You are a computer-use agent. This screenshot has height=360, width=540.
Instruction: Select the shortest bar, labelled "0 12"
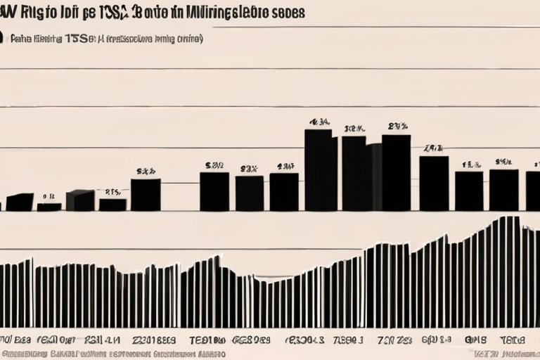pos(49,207)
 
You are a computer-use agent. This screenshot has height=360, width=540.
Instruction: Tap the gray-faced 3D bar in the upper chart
pos(79,200)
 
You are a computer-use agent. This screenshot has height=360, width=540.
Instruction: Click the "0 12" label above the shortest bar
pos(48,197)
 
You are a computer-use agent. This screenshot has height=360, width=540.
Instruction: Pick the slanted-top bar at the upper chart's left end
pos(19,202)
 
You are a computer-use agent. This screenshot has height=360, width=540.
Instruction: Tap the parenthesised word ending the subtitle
pos(189,39)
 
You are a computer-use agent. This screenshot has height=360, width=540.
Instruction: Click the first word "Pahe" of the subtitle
pos(22,40)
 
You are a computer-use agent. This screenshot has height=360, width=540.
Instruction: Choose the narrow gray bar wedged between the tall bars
pos(374,176)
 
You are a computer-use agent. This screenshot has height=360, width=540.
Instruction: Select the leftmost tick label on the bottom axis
pos(15,340)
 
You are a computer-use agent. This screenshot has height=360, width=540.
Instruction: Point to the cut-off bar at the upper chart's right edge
pos(533,191)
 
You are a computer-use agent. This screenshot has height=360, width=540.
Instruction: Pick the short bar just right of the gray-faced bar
pos(112,205)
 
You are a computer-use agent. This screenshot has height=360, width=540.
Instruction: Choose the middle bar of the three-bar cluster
pos(249,193)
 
